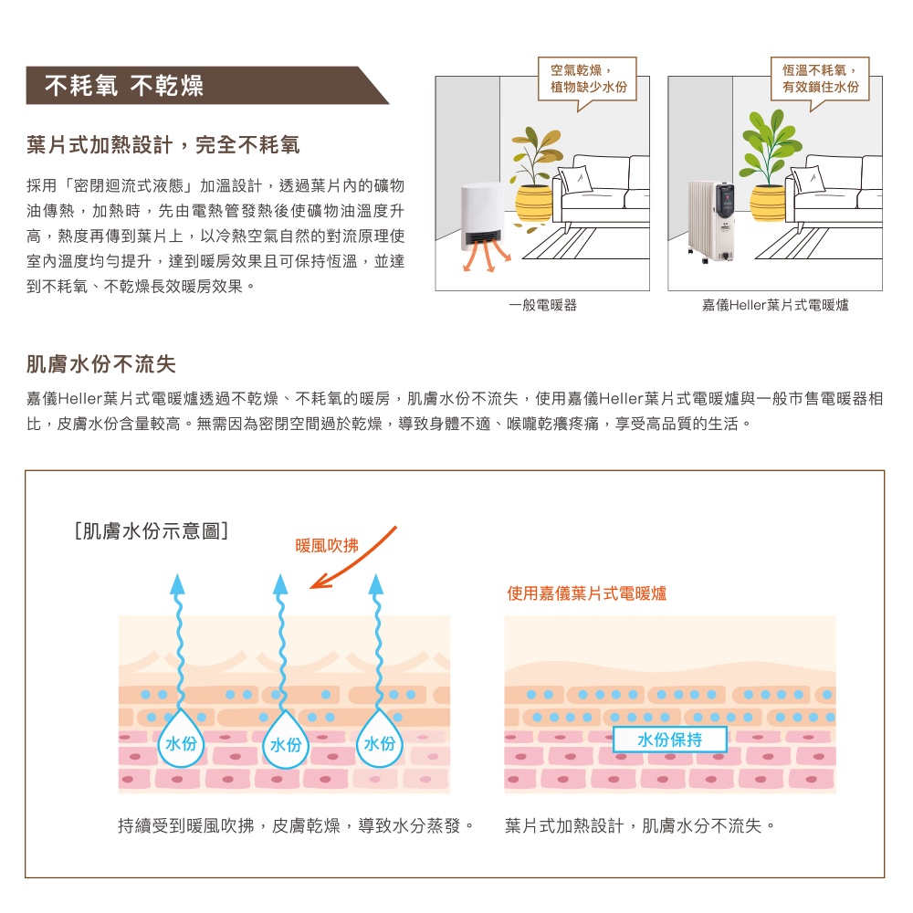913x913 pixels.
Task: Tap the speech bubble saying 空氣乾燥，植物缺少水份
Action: [x=587, y=79]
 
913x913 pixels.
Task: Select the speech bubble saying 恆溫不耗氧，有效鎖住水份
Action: [x=820, y=79]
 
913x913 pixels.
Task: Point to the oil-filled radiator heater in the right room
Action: [x=711, y=221]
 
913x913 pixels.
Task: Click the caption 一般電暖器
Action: [x=542, y=305]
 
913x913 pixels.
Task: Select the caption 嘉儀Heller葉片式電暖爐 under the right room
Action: [x=775, y=305]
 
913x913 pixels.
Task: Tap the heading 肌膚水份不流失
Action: [x=101, y=364]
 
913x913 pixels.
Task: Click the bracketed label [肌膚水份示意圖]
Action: [x=152, y=531]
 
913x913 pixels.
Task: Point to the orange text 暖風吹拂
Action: [x=327, y=546]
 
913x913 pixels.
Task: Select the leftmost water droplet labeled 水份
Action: [x=181, y=740]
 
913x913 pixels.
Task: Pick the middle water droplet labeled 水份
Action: [x=285, y=740]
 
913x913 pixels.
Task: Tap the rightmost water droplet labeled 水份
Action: [x=379, y=740]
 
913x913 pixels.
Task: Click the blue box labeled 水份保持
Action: [x=669, y=740]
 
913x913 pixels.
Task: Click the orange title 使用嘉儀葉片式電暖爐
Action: [x=586, y=593]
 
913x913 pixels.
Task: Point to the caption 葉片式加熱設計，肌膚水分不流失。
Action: [x=640, y=825]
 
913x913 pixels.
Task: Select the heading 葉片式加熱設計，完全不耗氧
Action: [x=163, y=145]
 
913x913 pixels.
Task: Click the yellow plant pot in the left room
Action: [x=533, y=203]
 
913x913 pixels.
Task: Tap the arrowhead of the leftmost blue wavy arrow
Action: [x=178, y=584]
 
